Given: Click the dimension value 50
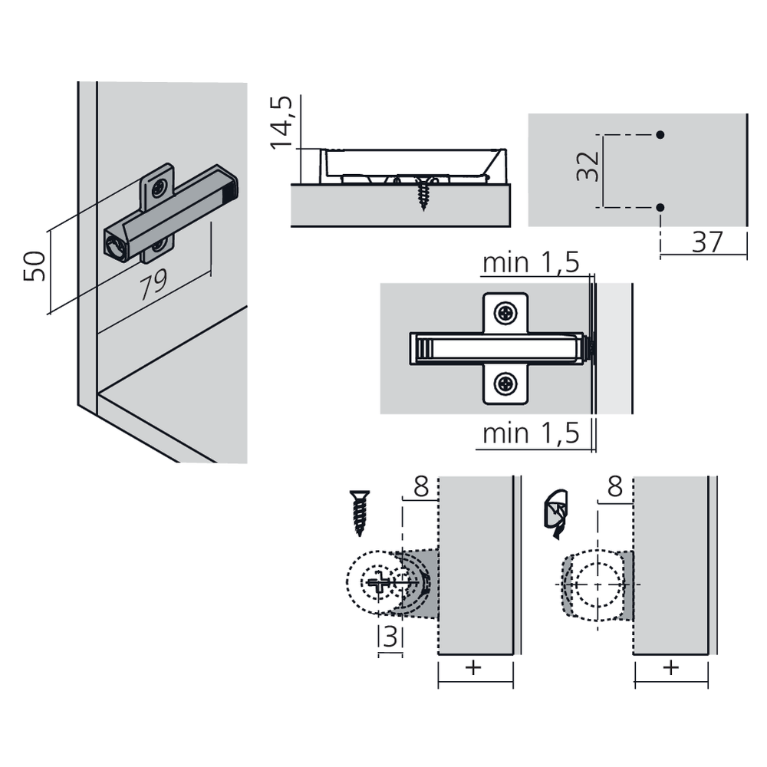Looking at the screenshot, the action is (x=35, y=266).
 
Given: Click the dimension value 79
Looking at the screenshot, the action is (x=153, y=285).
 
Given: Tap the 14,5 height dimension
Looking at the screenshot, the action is (x=281, y=122).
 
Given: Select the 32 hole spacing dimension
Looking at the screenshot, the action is (x=588, y=166).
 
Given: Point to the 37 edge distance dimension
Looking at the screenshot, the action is (x=707, y=242).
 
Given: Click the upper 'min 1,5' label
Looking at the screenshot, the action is (x=531, y=262).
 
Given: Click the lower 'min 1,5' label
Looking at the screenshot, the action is (x=531, y=433).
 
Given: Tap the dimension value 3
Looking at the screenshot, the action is (x=390, y=637).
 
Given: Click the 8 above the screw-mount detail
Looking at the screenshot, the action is (x=421, y=487).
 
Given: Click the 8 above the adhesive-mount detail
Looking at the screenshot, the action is (x=615, y=487).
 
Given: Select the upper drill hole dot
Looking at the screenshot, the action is (x=660, y=134).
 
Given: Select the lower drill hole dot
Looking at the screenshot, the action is (x=660, y=207).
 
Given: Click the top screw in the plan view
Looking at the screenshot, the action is (x=505, y=313).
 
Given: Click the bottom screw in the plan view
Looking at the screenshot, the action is (x=505, y=384).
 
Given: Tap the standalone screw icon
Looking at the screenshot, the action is (x=360, y=512).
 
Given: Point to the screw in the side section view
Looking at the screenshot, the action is (x=423, y=193).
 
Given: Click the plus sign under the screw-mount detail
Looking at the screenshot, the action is (x=473, y=667).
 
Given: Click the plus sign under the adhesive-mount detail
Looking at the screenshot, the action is (x=671, y=667).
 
